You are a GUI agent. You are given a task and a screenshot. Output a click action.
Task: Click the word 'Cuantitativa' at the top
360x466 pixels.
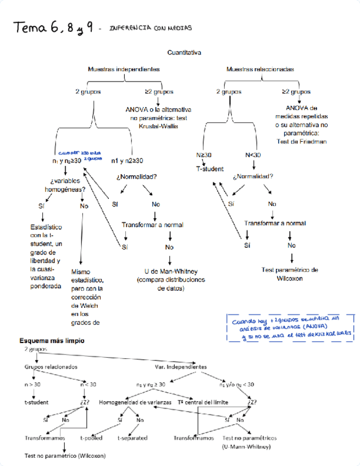(184, 53)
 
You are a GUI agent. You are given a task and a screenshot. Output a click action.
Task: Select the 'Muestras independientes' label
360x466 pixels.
(124, 70)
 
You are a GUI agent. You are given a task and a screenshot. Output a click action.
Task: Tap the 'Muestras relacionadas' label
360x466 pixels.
(260, 70)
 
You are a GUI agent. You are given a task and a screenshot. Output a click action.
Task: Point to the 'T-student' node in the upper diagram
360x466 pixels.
(209, 169)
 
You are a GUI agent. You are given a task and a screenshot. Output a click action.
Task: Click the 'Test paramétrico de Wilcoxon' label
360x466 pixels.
(290, 274)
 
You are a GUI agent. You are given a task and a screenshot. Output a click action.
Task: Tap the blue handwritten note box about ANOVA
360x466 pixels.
(289, 328)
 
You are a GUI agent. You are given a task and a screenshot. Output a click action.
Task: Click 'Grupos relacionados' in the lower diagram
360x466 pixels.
(51, 367)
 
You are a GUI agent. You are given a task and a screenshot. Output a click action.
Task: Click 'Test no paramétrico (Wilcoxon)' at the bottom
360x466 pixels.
(65, 456)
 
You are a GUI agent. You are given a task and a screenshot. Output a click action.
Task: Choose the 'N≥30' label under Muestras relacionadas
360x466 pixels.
(204, 155)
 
